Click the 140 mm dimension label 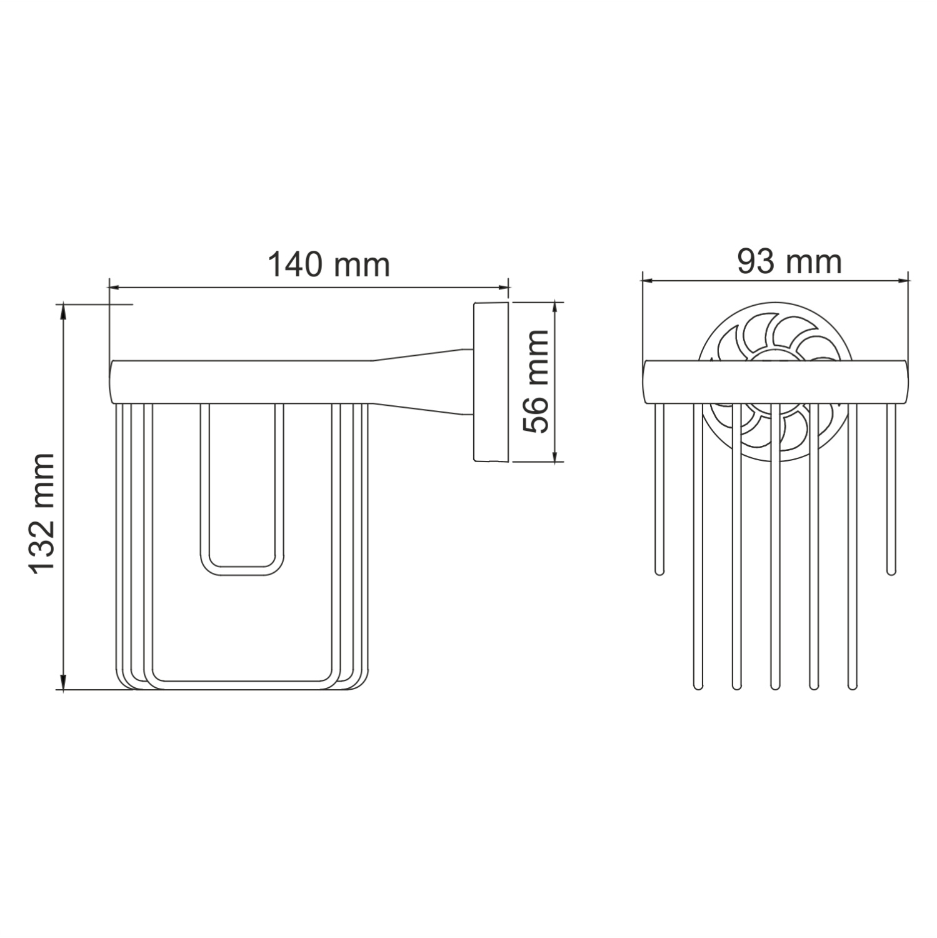tap(329, 265)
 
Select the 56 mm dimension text tap(536, 381)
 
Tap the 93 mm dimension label tap(789, 261)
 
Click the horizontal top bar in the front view tap(775, 382)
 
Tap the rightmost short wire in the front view tap(891, 488)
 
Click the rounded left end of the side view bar tap(113, 382)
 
